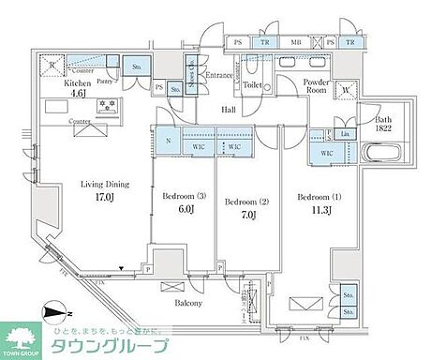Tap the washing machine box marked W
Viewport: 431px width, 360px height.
click(346, 91)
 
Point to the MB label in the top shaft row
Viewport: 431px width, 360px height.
click(297, 43)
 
